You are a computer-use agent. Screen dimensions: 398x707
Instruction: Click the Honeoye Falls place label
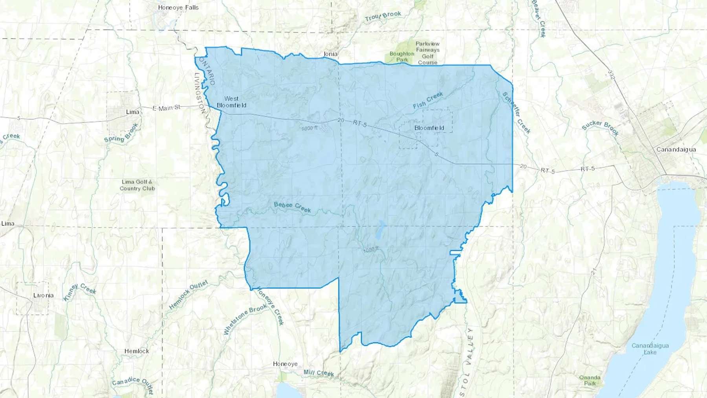(x=178, y=7)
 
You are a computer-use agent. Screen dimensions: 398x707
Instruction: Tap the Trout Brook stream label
(x=383, y=16)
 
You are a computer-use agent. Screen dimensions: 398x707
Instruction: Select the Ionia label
(x=330, y=54)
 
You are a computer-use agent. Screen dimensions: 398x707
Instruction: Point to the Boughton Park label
(x=402, y=57)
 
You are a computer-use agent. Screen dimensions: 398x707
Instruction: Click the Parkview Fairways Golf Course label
(x=427, y=53)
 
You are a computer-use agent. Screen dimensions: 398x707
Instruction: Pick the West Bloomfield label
(x=231, y=102)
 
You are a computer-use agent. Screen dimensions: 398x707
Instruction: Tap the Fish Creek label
(x=428, y=100)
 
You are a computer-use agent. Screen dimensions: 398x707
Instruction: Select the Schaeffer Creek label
(x=517, y=113)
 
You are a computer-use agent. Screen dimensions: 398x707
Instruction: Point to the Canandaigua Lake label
(x=650, y=348)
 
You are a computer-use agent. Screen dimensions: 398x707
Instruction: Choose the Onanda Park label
(x=590, y=380)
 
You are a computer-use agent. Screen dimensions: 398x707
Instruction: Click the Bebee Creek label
(x=292, y=207)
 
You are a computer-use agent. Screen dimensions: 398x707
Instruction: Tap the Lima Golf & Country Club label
(x=137, y=185)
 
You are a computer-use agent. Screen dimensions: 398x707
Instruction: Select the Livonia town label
(x=43, y=295)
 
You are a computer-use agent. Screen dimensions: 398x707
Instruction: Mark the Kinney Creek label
(x=80, y=292)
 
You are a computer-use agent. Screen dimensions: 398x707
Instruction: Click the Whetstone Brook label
(x=245, y=320)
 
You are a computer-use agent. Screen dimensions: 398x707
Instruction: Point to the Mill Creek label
(x=319, y=372)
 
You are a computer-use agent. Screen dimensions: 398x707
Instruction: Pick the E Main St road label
(x=167, y=107)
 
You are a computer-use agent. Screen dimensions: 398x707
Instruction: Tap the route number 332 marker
(x=610, y=75)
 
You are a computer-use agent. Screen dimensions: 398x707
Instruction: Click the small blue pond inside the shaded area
(x=379, y=232)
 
